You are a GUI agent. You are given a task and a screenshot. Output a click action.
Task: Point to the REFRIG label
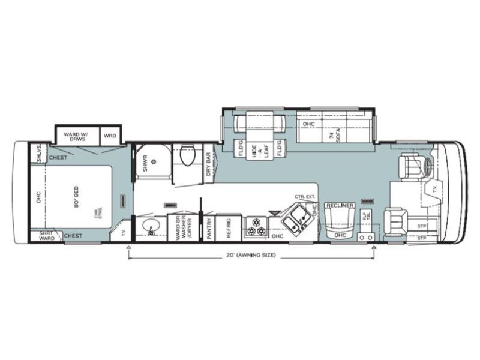tap(229, 229)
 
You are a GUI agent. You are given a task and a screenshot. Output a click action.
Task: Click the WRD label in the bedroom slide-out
tap(110, 134)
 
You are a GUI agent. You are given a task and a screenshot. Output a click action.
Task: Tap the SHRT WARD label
tap(46, 235)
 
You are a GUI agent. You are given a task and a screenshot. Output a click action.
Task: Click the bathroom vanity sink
tap(150, 227)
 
